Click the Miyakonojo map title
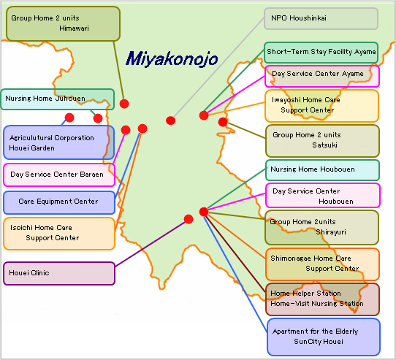pos(172,59)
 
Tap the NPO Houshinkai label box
pos(321,18)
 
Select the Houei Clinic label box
pos(59,273)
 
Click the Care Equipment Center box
pos(59,202)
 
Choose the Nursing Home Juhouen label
pos(57,99)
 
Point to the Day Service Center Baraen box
pos(59,175)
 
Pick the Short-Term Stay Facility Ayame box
pos(321,53)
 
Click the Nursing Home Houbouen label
pos(322,170)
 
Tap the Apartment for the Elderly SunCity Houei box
pos(324,337)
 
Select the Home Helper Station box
pos(322,299)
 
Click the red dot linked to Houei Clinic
pos(189,219)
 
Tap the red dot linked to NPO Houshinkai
pos(171,120)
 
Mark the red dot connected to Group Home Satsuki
pos(223,122)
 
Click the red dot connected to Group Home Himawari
pos(124,104)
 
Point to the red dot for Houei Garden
pos(69,118)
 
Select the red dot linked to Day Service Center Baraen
pos(126,130)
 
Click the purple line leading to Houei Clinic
pos(151,244)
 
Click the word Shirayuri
pos(331,232)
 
